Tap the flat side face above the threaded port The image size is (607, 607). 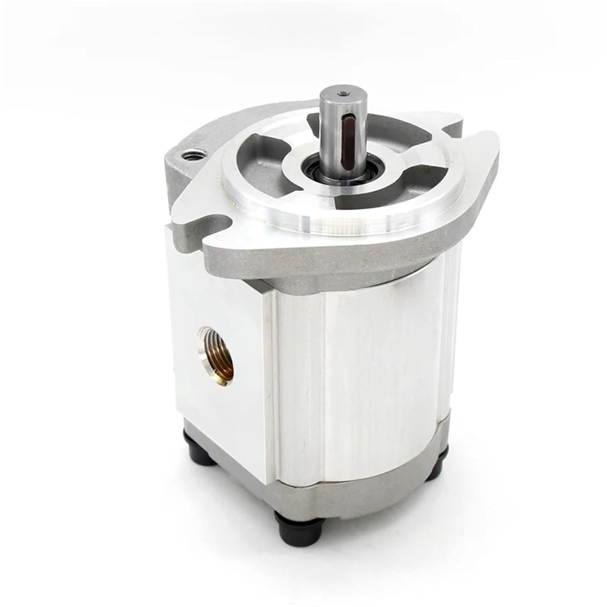(x=219, y=283)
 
